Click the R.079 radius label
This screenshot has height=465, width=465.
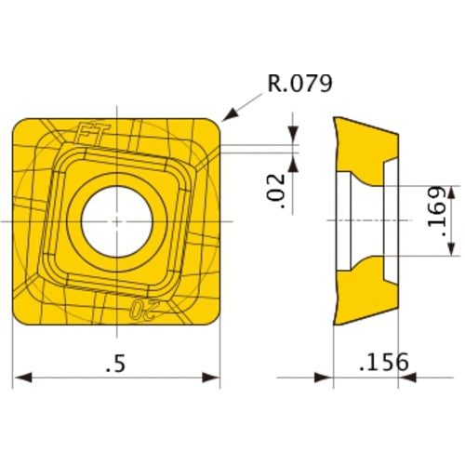point(299,84)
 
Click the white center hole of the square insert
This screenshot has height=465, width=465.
point(117,221)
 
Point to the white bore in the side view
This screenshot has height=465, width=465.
point(358,220)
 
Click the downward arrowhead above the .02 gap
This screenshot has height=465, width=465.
point(295,137)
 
